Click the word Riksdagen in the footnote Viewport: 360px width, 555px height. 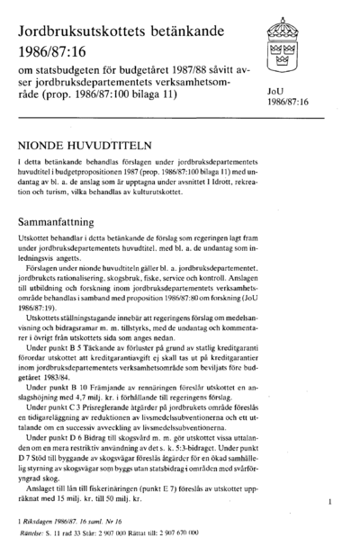[x=40, y=534]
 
